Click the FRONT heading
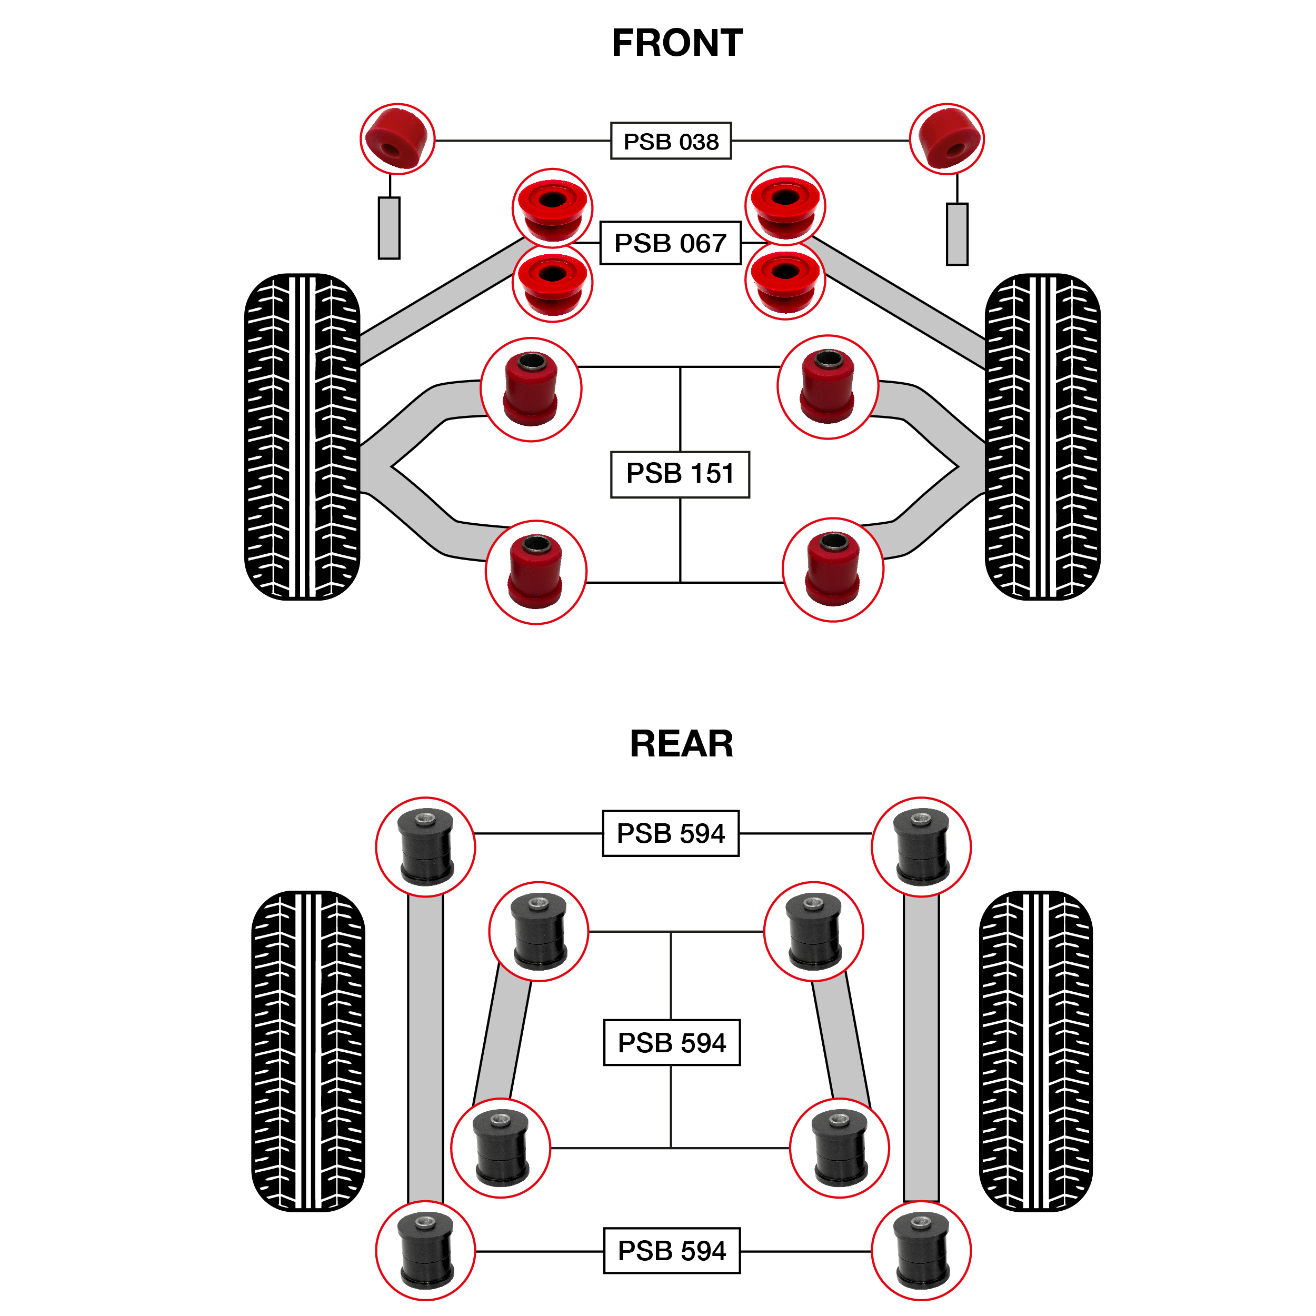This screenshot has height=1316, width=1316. click(676, 43)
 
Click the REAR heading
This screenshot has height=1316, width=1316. click(681, 743)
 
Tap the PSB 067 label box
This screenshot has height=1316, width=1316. click(670, 243)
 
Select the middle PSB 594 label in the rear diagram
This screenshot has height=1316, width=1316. click(672, 1042)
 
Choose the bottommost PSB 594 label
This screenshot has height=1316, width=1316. click(672, 1251)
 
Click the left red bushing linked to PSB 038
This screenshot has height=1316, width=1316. click(397, 139)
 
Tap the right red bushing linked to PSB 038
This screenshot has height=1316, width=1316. click(947, 139)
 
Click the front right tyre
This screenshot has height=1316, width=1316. click(1042, 436)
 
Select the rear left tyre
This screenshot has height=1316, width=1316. click(308, 1051)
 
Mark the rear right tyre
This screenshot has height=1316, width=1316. click(1035, 1051)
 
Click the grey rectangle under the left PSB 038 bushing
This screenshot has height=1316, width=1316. click(389, 228)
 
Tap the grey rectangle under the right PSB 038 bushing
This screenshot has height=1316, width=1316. click(957, 234)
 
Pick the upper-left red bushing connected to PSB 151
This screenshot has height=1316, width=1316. click(531, 390)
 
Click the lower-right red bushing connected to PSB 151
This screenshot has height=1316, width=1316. click(833, 570)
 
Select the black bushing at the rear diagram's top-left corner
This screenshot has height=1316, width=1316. click(426, 848)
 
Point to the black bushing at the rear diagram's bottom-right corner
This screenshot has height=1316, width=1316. click(922, 1251)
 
